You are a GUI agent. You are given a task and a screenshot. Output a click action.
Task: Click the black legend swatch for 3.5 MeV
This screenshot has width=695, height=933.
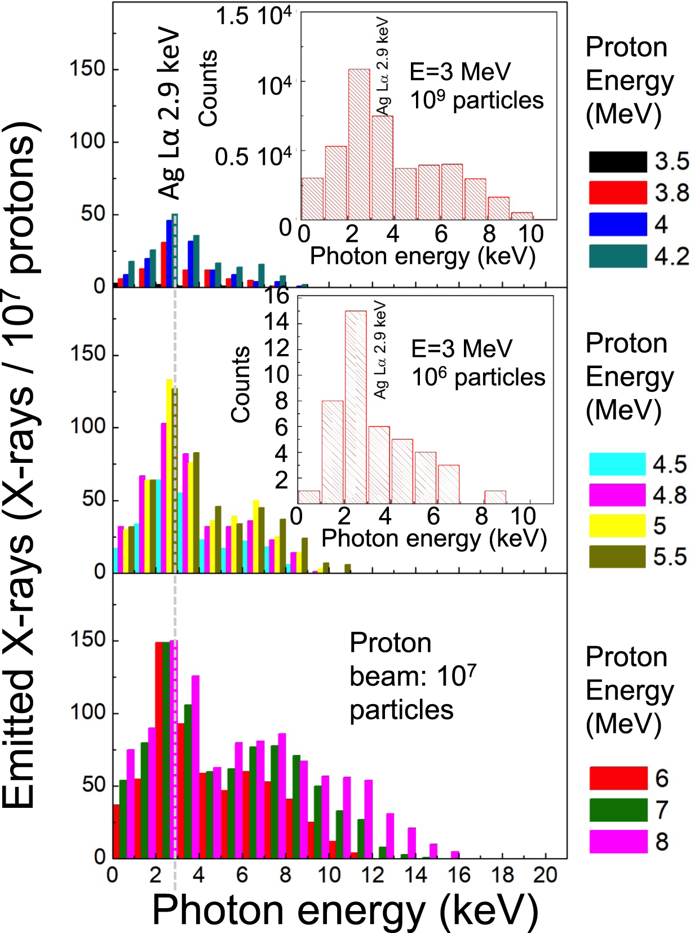tap(617, 162)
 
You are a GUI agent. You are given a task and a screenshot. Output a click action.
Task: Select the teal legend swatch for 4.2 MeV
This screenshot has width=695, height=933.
tap(617, 256)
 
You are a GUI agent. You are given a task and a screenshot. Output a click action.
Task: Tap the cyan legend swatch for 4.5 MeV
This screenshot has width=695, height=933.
tap(617, 464)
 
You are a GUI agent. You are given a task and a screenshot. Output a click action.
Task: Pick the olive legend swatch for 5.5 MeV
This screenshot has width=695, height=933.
tap(617, 556)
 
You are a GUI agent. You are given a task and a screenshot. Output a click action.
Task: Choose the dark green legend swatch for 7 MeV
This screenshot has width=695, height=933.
tap(618, 810)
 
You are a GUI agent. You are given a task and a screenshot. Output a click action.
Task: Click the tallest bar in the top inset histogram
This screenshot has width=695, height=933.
tap(359, 144)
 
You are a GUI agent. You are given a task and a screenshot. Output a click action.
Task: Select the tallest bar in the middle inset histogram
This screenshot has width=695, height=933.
tap(355, 406)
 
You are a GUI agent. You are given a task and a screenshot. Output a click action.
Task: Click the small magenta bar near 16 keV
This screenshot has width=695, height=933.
tap(455, 854)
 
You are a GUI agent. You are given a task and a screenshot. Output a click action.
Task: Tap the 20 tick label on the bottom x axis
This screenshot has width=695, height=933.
tap(545, 874)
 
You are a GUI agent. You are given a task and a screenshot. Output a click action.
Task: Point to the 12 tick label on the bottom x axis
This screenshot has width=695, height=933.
tap(372, 874)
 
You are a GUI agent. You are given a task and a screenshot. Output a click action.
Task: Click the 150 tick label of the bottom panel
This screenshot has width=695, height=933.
tap(87, 640)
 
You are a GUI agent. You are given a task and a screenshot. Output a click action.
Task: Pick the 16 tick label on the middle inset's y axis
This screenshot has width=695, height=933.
tap(277, 295)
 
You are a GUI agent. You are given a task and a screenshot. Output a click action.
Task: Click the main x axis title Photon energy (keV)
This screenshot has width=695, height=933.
tap(345, 910)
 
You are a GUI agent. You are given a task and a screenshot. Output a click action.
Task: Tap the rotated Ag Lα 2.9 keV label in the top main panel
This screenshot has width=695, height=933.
tap(169, 113)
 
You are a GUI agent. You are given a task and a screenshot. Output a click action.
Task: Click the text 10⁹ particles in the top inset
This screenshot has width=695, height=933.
tap(476, 100)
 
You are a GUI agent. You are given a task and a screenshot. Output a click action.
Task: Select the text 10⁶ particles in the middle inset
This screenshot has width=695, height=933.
tap(478, 377)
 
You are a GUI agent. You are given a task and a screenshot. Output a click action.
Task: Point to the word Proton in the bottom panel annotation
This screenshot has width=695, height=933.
tap(390, 643)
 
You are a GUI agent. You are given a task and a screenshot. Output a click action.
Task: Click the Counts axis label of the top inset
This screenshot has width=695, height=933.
tap(208, 87)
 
